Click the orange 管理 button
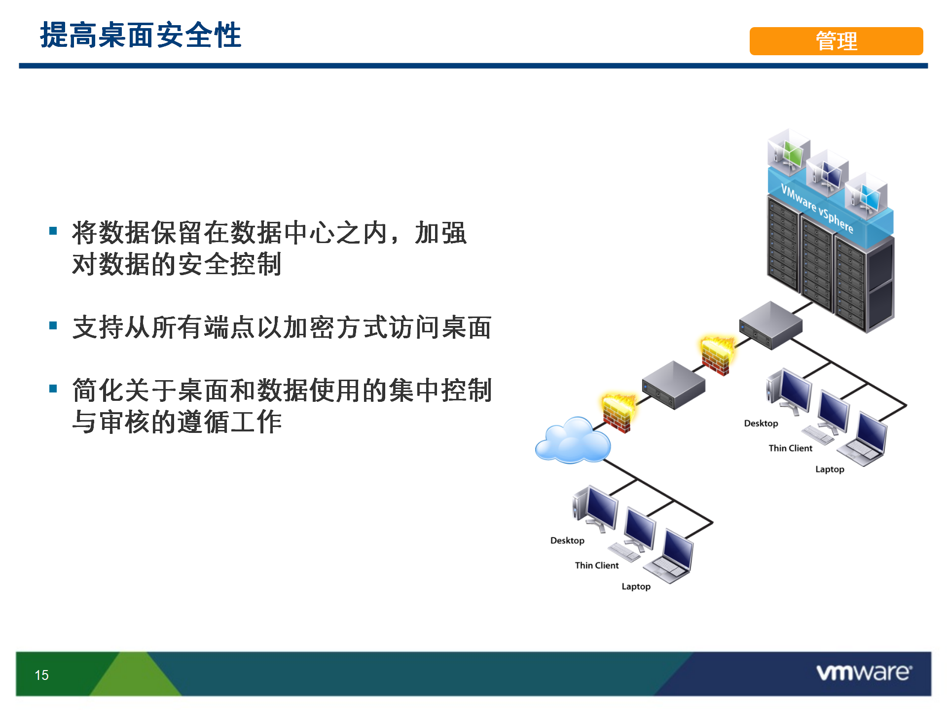(x=836, y=41)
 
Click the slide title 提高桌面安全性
(x=141, y=35)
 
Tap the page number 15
(x=42, y=675)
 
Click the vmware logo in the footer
(x=864, y=673)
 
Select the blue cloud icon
(x=573, y=440)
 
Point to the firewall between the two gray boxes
(x=717, y=355)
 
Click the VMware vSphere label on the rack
(x=817, y=208)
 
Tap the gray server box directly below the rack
(x=770, y=325)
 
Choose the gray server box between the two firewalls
(x=673, y=385)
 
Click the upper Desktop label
(x=761, y=424)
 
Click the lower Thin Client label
(x=597, y=566)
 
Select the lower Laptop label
(x=636, y=587)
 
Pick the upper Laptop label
(x=830, y=469)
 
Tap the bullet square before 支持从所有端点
(x=53, y=325)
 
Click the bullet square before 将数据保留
(x=53, y=231)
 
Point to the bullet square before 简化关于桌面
(x=53, y=389)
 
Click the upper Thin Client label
(x=791, y=448)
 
